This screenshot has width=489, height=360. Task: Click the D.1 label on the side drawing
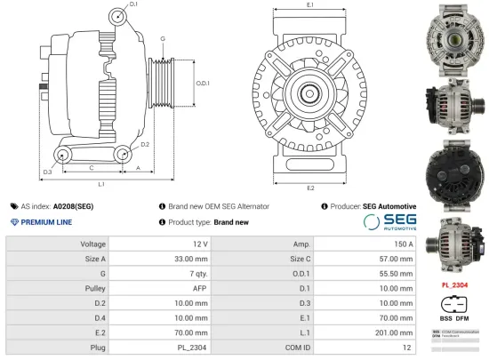pyautogui.click(x=133, y=5)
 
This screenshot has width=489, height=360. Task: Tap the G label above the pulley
pyautogui.click(x=163, y=40)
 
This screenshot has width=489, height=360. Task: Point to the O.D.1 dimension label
pyautogui.click(x=203, y=84)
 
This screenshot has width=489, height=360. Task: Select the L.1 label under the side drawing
pyautogui.click(x=101, y=184)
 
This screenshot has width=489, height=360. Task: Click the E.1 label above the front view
pyautogui.click(x=309, y=5)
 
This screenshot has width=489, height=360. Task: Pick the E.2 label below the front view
pyautogui.click(x=309, y=188)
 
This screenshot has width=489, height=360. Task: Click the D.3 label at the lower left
pyautogui.click(x=47, y=171)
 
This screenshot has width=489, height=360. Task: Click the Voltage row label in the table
pyautogui.click(x=93, y=244)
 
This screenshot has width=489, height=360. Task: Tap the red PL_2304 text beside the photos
pyautogui.click(x=454, y=284)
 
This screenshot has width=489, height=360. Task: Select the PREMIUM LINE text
pyautogui.click(x=46, y=222)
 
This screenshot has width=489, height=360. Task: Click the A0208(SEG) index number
pyautogui.click(x=73, y=206)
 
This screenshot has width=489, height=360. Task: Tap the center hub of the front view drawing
pyautogui.click(x=310, y=91)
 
